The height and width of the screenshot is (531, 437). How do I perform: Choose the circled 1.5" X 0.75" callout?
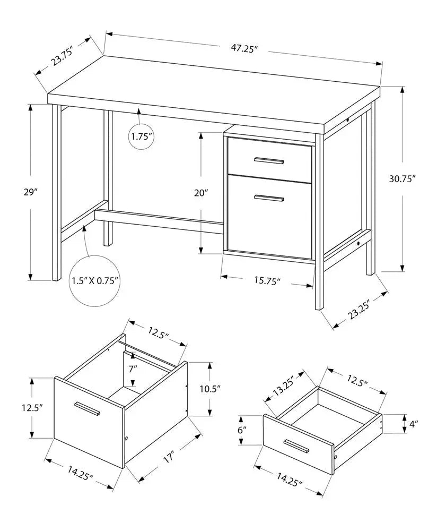[x=95, y=280]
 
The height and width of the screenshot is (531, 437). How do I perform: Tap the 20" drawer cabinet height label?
[x=201, y=193]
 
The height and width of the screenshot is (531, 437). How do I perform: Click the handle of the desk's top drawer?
[x=269, y=160]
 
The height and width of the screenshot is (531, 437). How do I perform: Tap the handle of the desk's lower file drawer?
[x=268, y=199]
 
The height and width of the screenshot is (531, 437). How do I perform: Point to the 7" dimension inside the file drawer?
[x=133, y=367]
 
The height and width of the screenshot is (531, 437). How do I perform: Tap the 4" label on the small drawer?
[x=413, y=424]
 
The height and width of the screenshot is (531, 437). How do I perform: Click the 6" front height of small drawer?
[x=243, y=430]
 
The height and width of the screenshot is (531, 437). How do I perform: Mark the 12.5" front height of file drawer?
[x=33, y=408]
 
